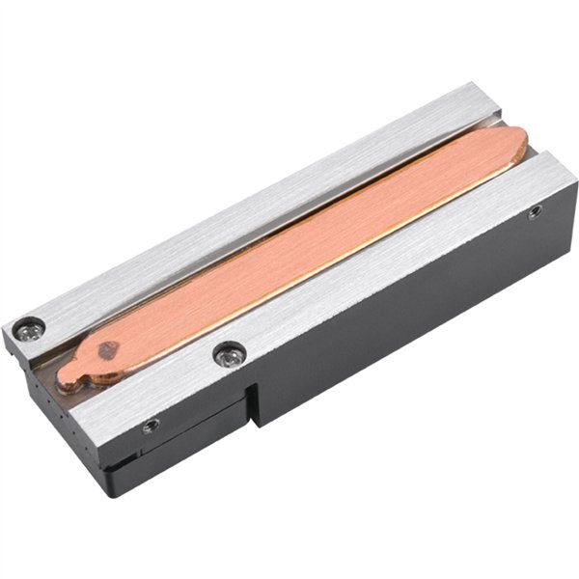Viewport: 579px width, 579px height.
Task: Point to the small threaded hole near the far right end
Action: click(535, 210)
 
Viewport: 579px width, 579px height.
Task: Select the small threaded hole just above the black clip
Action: click(151, 425)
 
